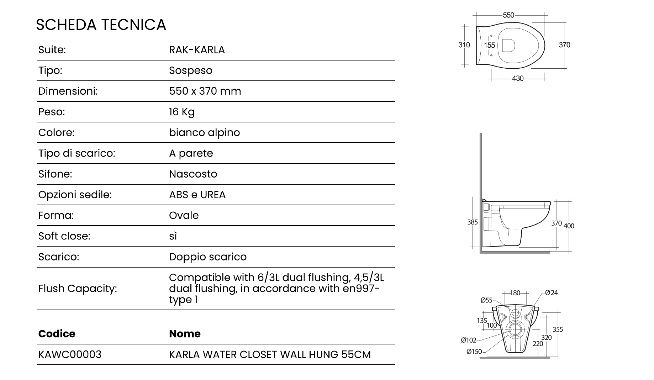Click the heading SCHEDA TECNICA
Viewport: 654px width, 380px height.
pyautogui.click(x=101, y=25)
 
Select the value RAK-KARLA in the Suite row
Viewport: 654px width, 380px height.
pyautogui.click(x=197, y=50)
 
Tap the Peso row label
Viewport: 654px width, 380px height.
pyautogui.click(x=52, y=112)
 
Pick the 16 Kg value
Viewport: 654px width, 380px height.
pyautogui.click(x=182, y=112)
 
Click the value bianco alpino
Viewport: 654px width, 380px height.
pyautogui.click(x=204, y=133)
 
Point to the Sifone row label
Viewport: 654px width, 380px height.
pyautogui.click(x=55, y=174)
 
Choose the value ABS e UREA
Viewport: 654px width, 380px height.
pyautogui.click(x=197, y=195)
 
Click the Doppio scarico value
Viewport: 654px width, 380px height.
pyautogui.click(x=207, y=257)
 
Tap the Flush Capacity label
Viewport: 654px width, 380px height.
pyautogui.click(x=78, y=289)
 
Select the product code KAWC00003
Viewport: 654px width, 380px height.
pyautogui.click(x=70, y=354)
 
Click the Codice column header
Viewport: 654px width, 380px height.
pyautogui.click(x=57, y=334)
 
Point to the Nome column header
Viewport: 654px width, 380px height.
pyautogui.click(x=185, y=334)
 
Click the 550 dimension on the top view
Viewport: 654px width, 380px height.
pyautogui.click(x=508, y=15)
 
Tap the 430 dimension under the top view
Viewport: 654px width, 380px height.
pyautogui.click(x=518, y=78)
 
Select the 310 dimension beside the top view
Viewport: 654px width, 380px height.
pyautogui.click(x=464, y=45)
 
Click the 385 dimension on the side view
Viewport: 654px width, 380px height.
pyautogui.click(x=472, y=222)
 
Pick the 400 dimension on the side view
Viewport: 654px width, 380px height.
pyautogui.click(x=569, y=226)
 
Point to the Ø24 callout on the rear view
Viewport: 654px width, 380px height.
pyautogui.click(x=552, y=293)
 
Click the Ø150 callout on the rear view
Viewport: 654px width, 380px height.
pyautogui.click(x=474, y=352)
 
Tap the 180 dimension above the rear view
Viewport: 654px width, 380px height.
pyautogui.click(x=515, y=293)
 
